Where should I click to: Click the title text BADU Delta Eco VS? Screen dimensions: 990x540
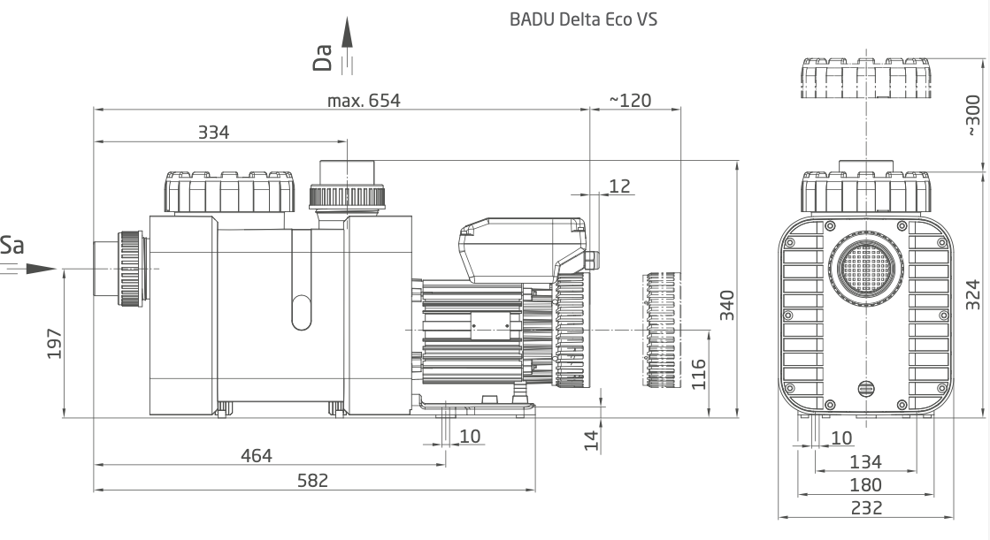(x=583, y=19)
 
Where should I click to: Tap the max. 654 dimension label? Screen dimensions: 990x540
(x=364, y=101)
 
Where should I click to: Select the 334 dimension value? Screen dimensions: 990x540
(x=213, y=133)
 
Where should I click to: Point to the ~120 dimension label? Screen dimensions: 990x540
(x=630, y=101)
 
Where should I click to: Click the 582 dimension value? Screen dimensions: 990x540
(x=312, y=481)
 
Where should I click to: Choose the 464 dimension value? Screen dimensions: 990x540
(x=257, y=455)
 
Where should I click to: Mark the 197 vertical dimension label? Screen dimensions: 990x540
(x=55, y=344)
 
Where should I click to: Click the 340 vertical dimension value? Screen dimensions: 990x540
(x=727, y=305)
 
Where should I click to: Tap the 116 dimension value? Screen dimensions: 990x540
(x=698, y=374)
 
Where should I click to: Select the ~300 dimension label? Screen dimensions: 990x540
(x=973, y=115)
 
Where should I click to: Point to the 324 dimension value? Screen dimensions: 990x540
(x=973, y=294)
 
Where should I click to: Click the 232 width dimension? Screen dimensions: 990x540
(x=866, y=508)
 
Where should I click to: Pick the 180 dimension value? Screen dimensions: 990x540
(x=865, y=485)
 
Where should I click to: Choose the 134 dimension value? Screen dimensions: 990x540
(x=865, y=461)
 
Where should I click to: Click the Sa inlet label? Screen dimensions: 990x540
(x=12, y=245)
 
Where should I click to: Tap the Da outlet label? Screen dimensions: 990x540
(x=323, y=57)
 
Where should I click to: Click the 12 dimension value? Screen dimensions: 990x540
(x=619, y=186)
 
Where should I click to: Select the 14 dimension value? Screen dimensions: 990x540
(x=591, y=441)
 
